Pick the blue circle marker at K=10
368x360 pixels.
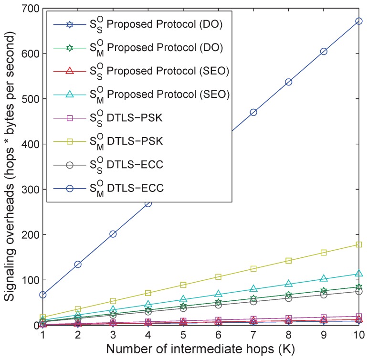point(358,21)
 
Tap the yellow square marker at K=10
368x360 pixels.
point(358,244)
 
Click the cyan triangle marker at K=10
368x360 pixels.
point(358,274)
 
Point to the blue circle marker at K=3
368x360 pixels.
point(113,234)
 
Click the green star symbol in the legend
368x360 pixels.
point(69,48)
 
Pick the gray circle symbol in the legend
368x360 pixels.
point(69,165)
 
